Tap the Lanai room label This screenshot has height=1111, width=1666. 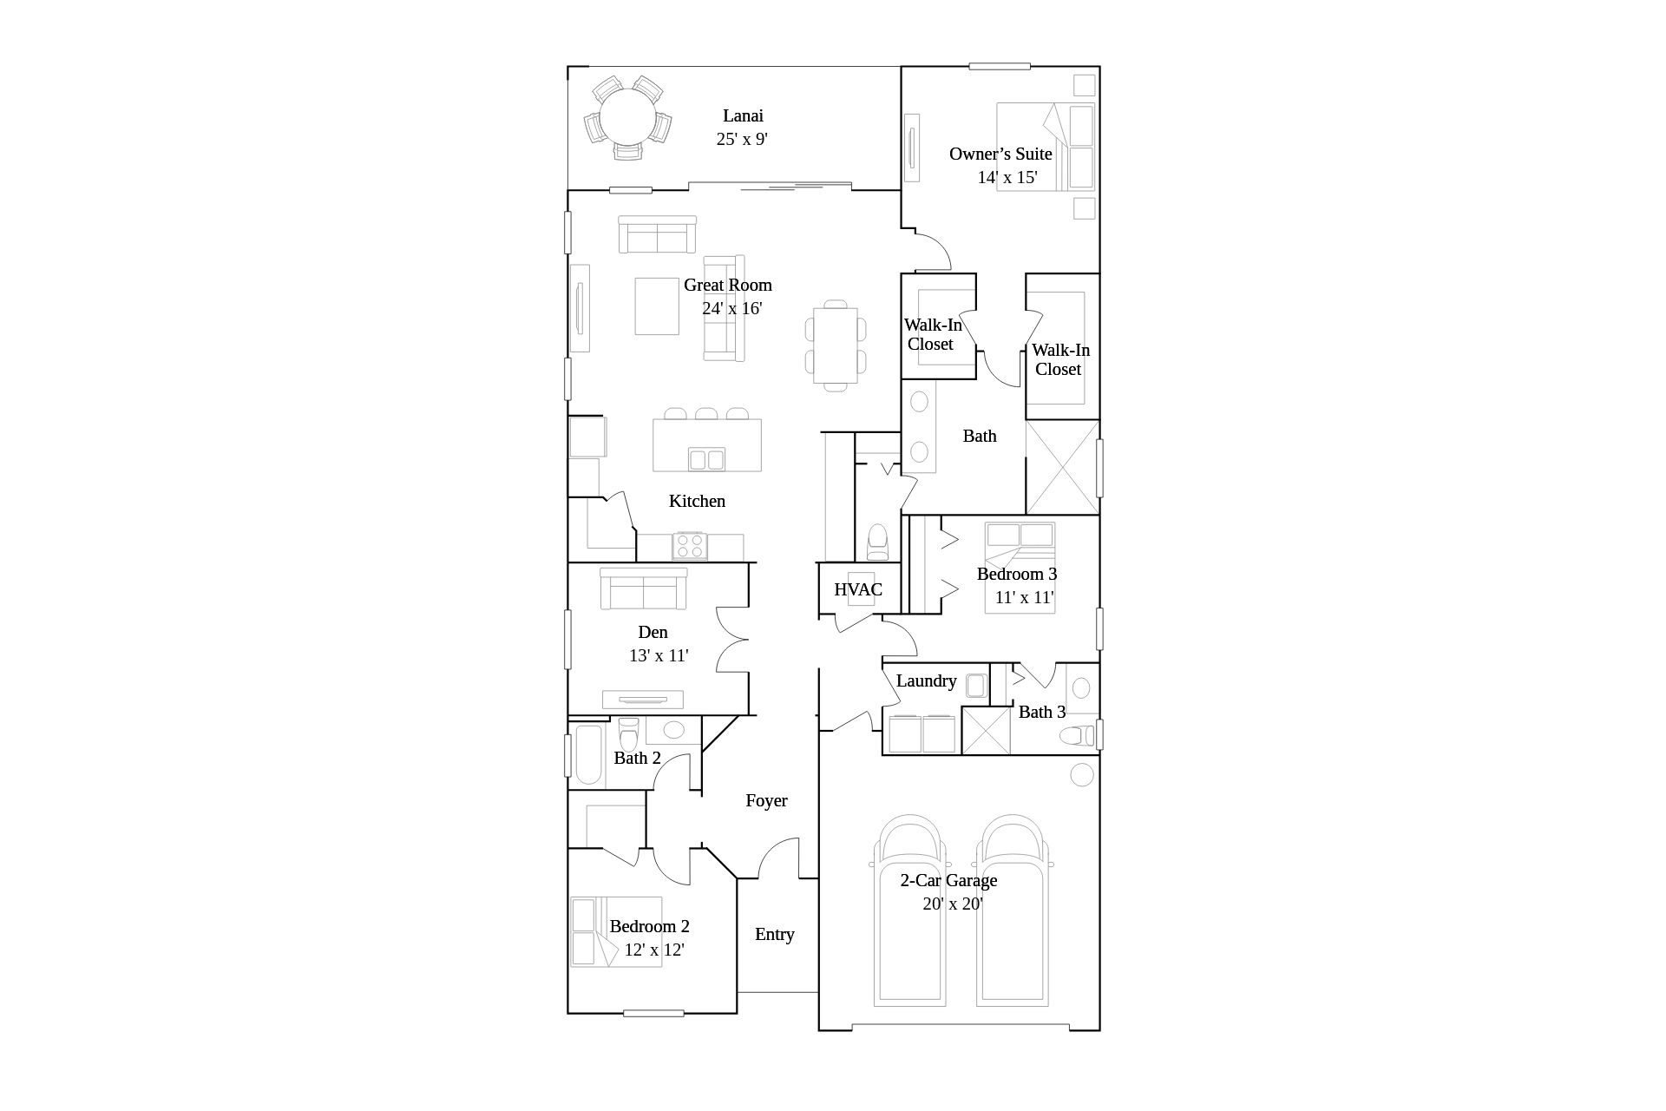click(x=743, y=115)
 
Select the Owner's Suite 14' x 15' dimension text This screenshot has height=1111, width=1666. click(x=1007, y=178)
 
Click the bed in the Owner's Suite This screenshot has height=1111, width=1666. click(x=1046, y=147)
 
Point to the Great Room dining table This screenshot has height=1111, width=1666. click(x=835, y=345)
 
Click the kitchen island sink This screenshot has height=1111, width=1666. click(x=705, y=458)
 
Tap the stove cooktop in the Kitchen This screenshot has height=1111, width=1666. click(x=690, y=546)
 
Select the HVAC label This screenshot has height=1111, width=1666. click(x=858, y=590)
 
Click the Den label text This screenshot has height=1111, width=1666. click(x=653, y=632)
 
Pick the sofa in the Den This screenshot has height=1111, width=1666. click(x=643, y=588)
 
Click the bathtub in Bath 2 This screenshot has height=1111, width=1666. click(x=588, y=753)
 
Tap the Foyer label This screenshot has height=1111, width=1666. click(x=766, y=800)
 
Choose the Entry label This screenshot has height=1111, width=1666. click(x=774, y=934)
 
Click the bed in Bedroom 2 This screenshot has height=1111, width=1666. click(x=616, y=932)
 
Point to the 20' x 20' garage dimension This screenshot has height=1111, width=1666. click(x=952, y=904)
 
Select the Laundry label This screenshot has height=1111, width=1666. click(x=926, y=680)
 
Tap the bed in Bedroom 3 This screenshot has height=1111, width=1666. click(x=1020, y=568)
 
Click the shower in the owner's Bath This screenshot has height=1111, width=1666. click(x=1062, y=467)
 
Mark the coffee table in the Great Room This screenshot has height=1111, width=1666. click(x=657, y=306)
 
